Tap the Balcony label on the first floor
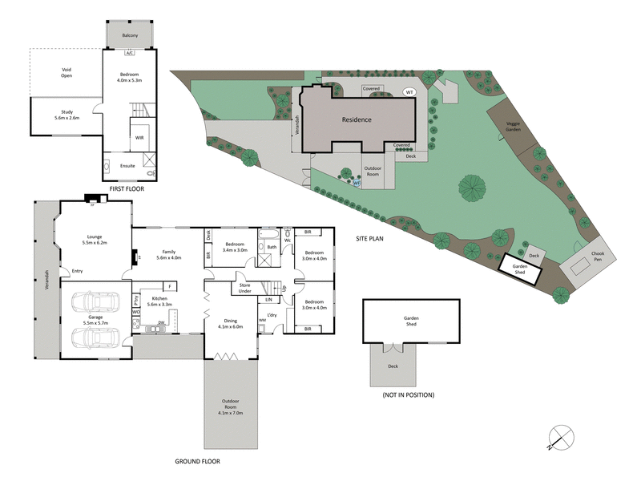point(130,36)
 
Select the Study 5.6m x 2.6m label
point(67,115)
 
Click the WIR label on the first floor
point(139,137)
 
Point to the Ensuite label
point(127,166)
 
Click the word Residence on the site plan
point(357,119)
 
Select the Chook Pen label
point(598,256)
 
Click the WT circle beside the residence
point(409,91)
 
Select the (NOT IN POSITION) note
point(408,394)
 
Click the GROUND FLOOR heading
point(196,461)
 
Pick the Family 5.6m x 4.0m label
point(170,255)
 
